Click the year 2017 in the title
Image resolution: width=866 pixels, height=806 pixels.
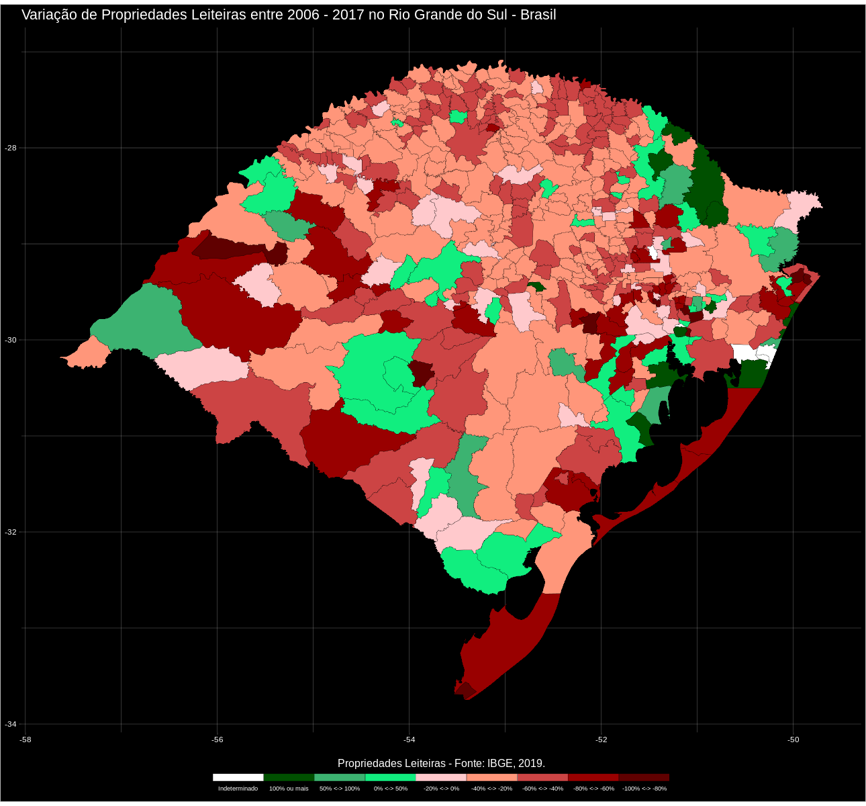point(349,15)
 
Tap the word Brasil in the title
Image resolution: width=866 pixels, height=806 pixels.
point(538,15)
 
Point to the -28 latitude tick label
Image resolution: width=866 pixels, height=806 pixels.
point(11,148)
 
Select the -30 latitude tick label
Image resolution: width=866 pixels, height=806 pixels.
point(11,340)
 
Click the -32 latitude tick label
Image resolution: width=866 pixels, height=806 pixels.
point(11,532)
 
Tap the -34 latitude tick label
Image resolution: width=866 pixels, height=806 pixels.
point(11,724)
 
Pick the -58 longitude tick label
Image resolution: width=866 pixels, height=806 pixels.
point(26,740)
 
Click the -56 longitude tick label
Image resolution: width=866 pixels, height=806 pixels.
point(217,740)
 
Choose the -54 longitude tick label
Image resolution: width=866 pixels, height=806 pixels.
point(409,740)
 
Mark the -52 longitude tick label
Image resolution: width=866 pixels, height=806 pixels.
point(601,740)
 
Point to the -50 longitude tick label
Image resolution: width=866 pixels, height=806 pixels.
point(793,740)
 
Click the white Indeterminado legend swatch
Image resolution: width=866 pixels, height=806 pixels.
point(238,777)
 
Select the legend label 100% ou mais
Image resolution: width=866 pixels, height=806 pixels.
point(289,789)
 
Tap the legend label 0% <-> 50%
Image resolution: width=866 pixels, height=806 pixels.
point(390,789)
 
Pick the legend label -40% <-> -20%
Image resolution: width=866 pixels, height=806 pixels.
point(491,789)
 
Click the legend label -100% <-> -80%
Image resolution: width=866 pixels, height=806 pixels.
point(644,789)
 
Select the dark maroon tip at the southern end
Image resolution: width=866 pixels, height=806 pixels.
point(465,689)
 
